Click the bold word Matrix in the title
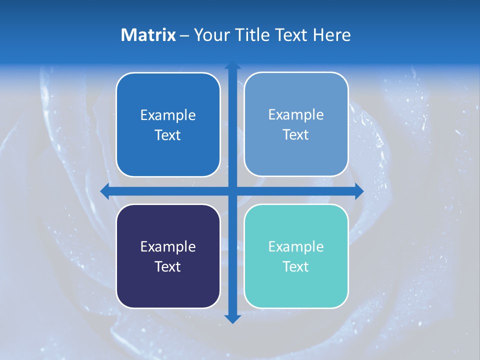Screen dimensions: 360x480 tap(148, 35)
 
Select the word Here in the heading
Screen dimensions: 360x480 tap(332, 35)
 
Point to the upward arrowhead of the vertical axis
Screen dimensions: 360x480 tap(232, 65)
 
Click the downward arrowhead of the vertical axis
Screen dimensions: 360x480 tap(232, 319)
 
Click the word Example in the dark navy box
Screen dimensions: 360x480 tap(168, 246)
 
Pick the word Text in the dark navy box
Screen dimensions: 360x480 tap(168, 266)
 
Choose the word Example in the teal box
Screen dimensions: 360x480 tap(296, 246)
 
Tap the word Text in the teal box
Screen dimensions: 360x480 tap(296, 266)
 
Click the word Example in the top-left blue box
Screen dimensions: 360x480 tap(168, 115)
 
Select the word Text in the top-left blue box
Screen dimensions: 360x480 tap(168, 135)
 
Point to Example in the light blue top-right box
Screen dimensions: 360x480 tap(296, 115)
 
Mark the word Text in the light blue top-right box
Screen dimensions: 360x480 tap(296, 134)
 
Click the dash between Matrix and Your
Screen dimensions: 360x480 tap(184, 35)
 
